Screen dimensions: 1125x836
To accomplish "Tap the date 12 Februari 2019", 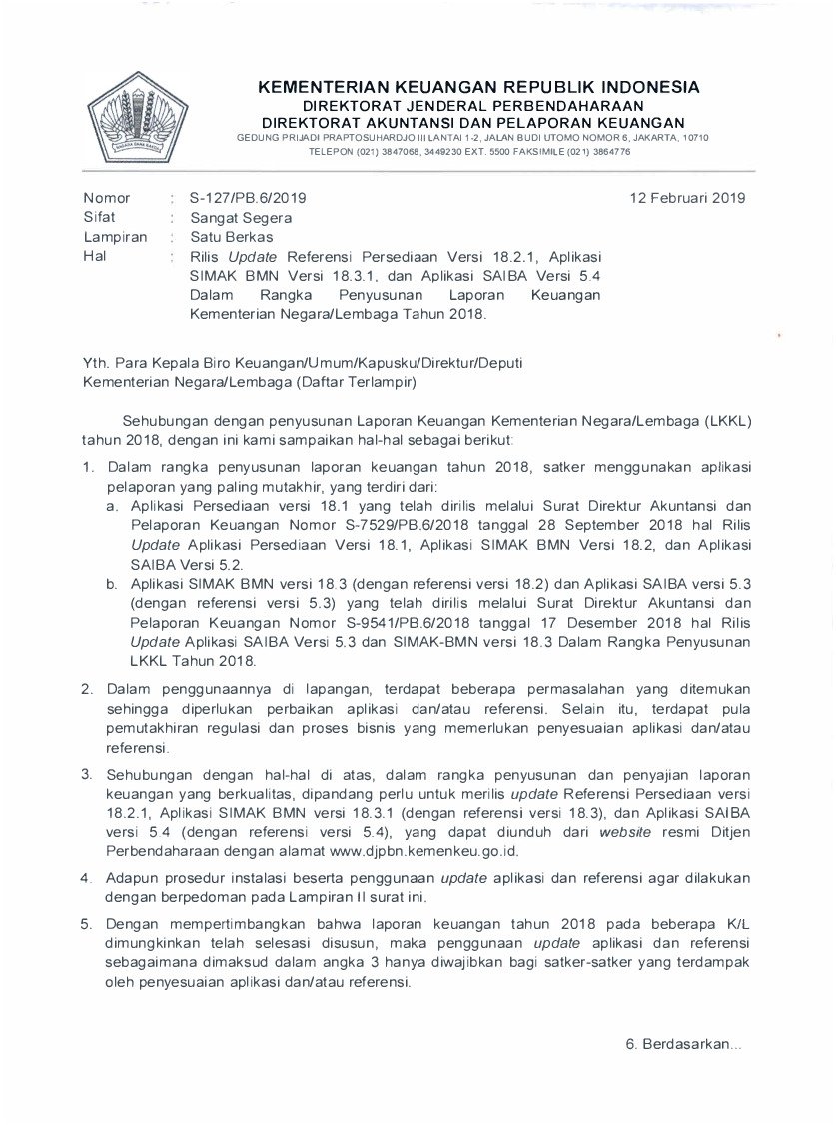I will click(x=687, y=198).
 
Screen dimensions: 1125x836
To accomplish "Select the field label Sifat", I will click(x=99, y=217).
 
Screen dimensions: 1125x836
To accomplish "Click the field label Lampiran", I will click(x=114, y=237).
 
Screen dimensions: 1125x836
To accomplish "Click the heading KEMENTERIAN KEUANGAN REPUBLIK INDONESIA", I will click(x=478, y=87).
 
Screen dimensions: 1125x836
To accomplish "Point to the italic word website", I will click(x=625, y=833).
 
